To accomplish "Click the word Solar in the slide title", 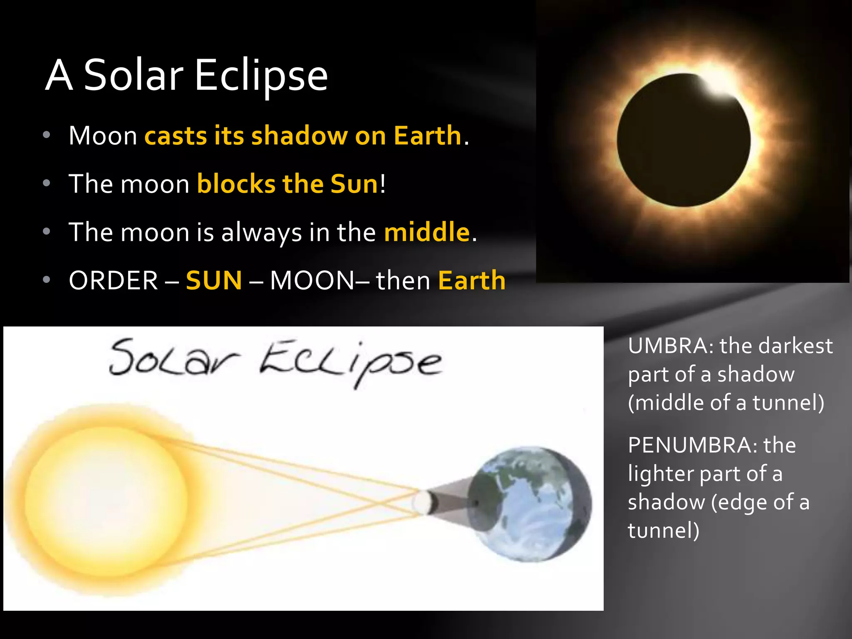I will tap(134, 75).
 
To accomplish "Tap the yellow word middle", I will tap(427, 232).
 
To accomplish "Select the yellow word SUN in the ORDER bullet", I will tap(214, 280).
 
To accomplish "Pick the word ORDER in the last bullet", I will tap(113, 280).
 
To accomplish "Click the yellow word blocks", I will tap(236, 184).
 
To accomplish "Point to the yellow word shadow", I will tap(300, 136).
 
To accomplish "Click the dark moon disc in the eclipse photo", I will tap(682, 141).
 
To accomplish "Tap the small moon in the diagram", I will tap(422, 503).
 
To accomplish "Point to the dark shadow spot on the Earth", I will tap(478, 503).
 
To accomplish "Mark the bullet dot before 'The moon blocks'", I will tap(47, 183).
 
